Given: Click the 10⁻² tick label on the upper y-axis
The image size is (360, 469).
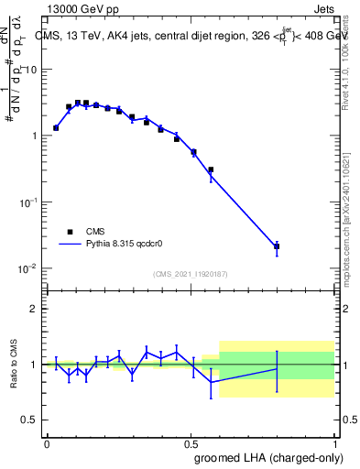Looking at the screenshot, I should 27,268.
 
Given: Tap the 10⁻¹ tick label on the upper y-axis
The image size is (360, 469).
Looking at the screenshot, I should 27,202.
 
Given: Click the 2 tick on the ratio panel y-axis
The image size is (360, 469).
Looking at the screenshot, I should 33,309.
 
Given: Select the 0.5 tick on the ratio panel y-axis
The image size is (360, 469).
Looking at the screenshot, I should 29,420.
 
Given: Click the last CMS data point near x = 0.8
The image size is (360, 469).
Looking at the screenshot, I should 277,246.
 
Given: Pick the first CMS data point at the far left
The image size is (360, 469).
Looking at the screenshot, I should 56,128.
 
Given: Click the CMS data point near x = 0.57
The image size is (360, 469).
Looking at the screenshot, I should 211,169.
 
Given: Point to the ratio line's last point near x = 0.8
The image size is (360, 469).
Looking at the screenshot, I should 277,369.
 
